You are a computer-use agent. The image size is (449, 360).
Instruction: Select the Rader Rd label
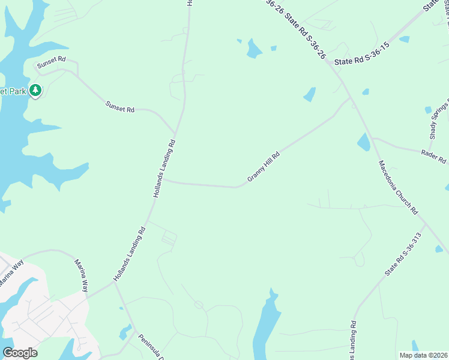coord(435,155)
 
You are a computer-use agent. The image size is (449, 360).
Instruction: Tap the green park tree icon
coord(35,91)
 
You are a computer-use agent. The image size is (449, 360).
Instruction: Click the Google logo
coord(20,353)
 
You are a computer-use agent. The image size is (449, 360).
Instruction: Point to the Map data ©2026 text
coord(423,355)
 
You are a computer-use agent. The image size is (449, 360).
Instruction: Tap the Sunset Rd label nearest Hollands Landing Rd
coord(120,107)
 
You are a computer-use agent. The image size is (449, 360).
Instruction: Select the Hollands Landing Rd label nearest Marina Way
coord(130,254)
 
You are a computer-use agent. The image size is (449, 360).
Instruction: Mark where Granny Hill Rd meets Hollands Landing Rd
coord(164,179)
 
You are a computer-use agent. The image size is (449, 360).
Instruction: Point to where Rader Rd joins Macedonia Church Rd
coord(372,139)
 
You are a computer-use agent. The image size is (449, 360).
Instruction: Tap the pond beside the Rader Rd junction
coord(364,142)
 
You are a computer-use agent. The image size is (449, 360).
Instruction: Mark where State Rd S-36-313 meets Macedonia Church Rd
coord(426,224)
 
